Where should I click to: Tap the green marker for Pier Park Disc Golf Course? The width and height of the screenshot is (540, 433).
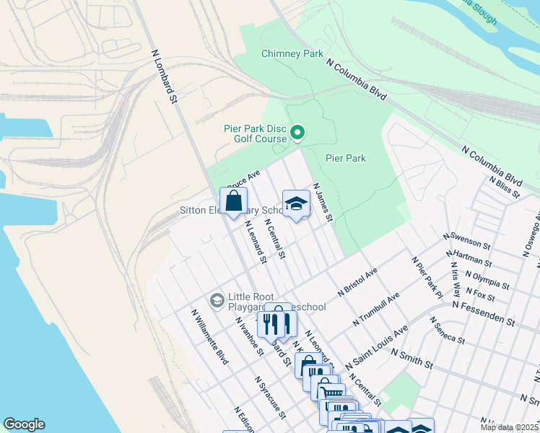pos(297,133)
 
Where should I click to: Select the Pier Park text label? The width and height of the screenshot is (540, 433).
pos(346,158)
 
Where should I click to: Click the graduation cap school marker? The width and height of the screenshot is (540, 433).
pos(296,204)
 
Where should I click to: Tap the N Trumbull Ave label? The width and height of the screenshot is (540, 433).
pos(376,308)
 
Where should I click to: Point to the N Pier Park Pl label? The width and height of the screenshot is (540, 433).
pos(427,276)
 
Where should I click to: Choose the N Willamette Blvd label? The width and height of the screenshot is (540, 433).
pos(209,337)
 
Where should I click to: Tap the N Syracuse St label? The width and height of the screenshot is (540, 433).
pos(270,396)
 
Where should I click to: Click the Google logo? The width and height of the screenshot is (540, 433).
pos(24,424)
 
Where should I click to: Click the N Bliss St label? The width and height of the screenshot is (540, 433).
pos(504,186)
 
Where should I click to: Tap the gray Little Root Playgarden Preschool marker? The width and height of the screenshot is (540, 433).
pos(217,299)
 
